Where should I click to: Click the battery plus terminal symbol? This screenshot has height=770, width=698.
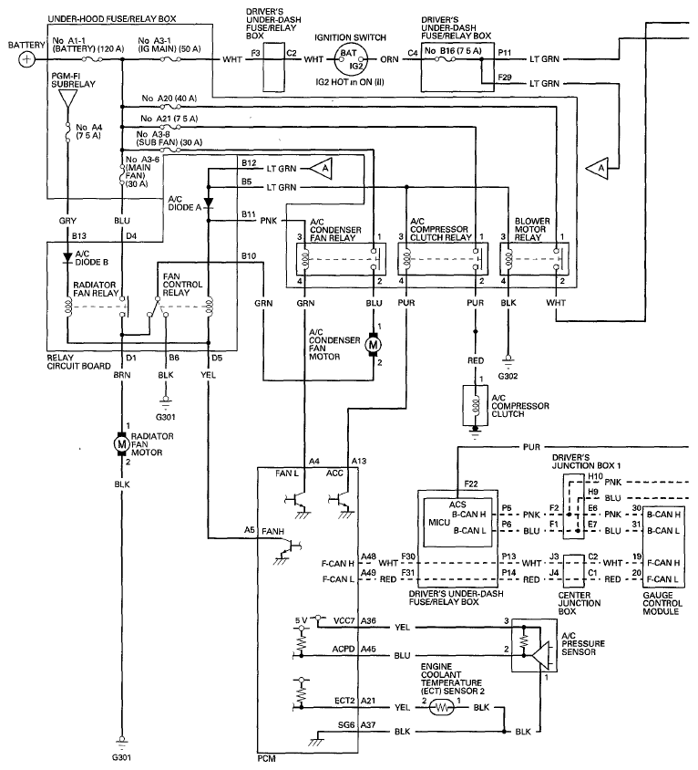coord(27,59)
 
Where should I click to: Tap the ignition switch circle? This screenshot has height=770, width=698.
coord(352,59)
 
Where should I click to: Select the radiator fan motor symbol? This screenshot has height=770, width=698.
coord(120,443)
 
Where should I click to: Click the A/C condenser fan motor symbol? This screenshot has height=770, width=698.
coord(372,345)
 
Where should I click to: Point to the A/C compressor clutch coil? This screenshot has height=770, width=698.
coord(475,402)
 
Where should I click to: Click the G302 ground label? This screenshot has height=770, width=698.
coord(508,375)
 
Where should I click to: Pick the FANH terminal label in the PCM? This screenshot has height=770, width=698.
coord(272,530)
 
